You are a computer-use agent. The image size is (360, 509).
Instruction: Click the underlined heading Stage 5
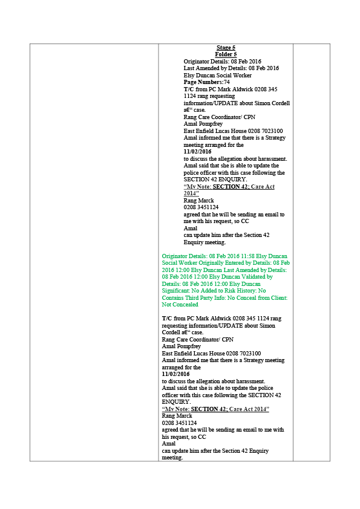(226, 48)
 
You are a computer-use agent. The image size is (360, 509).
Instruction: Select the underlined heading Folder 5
(226, 54)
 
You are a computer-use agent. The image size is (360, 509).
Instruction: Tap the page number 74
(226, 82)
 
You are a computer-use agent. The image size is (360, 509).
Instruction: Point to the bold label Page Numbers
(203, 82)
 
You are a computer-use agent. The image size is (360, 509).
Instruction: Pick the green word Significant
(176, 291)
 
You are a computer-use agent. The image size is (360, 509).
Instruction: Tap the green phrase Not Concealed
(180, 305)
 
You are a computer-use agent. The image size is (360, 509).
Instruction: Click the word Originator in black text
(196, 62)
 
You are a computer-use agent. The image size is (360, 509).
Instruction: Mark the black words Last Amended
(201, 68)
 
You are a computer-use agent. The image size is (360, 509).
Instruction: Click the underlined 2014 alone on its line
(190, 193)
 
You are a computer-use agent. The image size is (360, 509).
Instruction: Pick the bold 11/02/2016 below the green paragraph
(176, 374)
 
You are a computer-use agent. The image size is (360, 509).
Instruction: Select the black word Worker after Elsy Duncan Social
(242, 76)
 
